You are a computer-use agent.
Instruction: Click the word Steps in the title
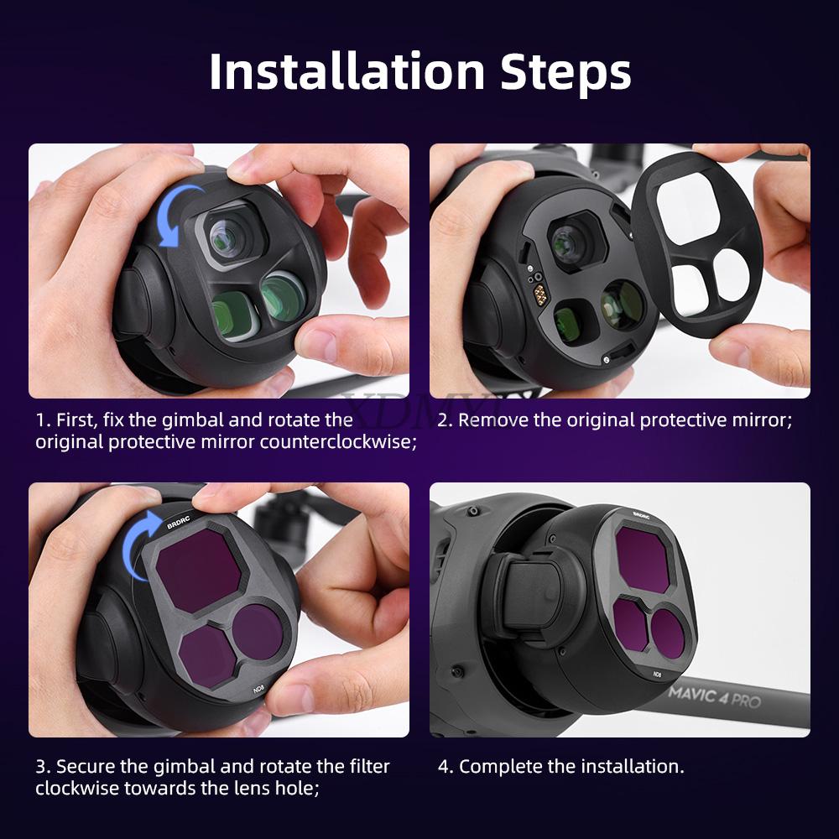click(565, 72)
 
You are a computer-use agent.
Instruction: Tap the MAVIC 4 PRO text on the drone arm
click(714, 696)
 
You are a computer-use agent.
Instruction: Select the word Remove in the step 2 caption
click(493, 419)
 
